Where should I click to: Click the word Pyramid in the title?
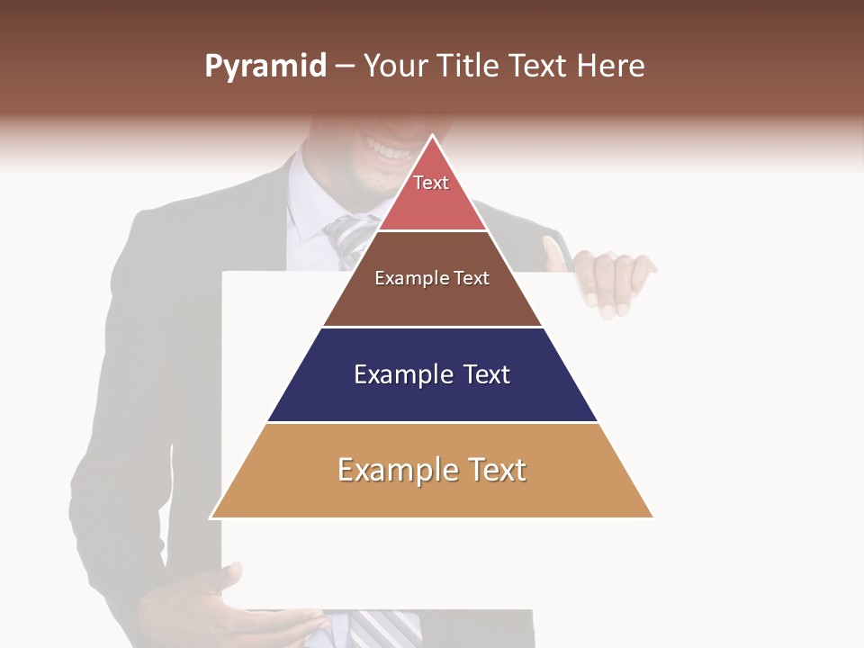(x=265, y=67)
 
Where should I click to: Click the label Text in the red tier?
(x=431, y=183)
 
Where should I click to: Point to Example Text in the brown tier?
(x=432, y=278)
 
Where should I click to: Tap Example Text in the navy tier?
(x=432, y=374)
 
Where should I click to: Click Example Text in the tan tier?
(x=432, y=470)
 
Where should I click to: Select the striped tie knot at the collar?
(x=346, y=232)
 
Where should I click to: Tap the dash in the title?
(x=345, y=67)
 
